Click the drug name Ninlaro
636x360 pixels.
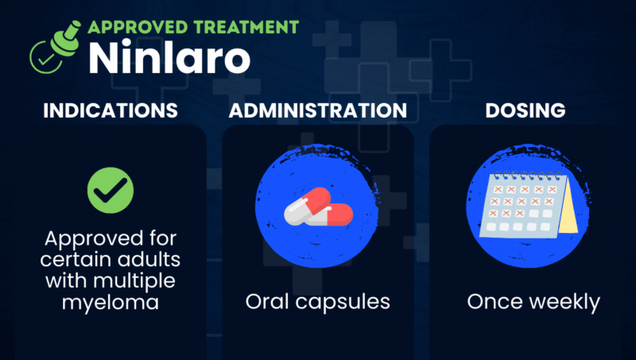point(169,56)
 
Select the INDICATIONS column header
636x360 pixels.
point(110,110)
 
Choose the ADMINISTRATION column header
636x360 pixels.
point(318,110)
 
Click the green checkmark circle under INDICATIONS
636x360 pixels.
point(110,190)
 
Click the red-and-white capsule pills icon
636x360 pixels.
point(318,209)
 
